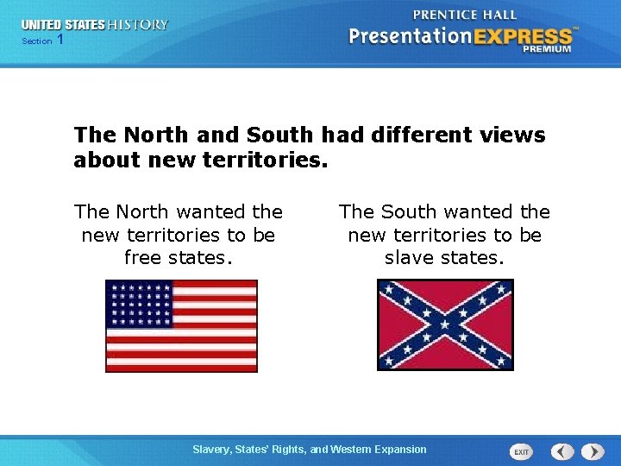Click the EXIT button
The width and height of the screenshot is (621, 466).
coord(521,451)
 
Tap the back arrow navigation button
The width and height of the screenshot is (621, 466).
coord(562,451)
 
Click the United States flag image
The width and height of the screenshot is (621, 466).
coord(181,325)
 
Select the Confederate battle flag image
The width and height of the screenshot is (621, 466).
coord(445,324)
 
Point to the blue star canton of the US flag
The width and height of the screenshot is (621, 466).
coord(139,305)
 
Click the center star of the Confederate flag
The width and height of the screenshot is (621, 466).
coord(445,324)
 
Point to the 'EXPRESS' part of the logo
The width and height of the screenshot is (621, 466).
coord(521,36)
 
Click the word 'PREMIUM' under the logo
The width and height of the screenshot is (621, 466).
coord(547,50)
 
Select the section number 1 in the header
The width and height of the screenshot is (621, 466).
coord(60,41)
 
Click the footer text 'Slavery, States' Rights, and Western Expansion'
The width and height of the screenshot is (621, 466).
coord(310,449)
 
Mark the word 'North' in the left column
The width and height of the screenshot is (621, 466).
coord(143,211)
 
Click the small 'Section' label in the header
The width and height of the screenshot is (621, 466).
coord(37,41)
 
